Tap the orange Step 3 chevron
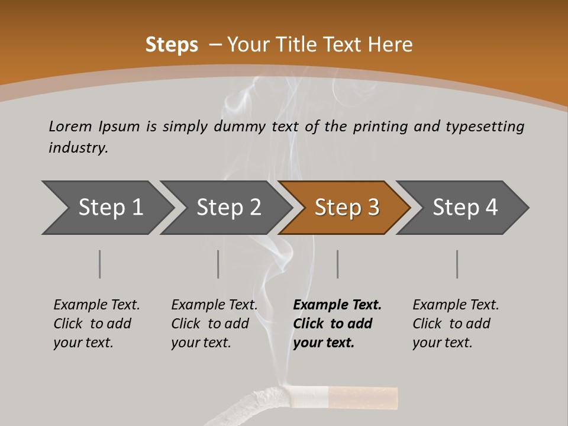[346, 208]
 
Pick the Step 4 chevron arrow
[464, 208]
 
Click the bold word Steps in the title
[172, 45]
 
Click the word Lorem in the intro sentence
[70, 126]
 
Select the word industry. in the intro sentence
[78, 148]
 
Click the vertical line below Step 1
[99, 264]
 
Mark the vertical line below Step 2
[218, 264]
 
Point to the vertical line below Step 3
[337, 264]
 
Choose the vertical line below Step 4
[457, 264]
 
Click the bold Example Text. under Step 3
[337, 305]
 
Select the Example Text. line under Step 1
[96, 305]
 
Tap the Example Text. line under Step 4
[456, 305]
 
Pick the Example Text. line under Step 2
[214, 305]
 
